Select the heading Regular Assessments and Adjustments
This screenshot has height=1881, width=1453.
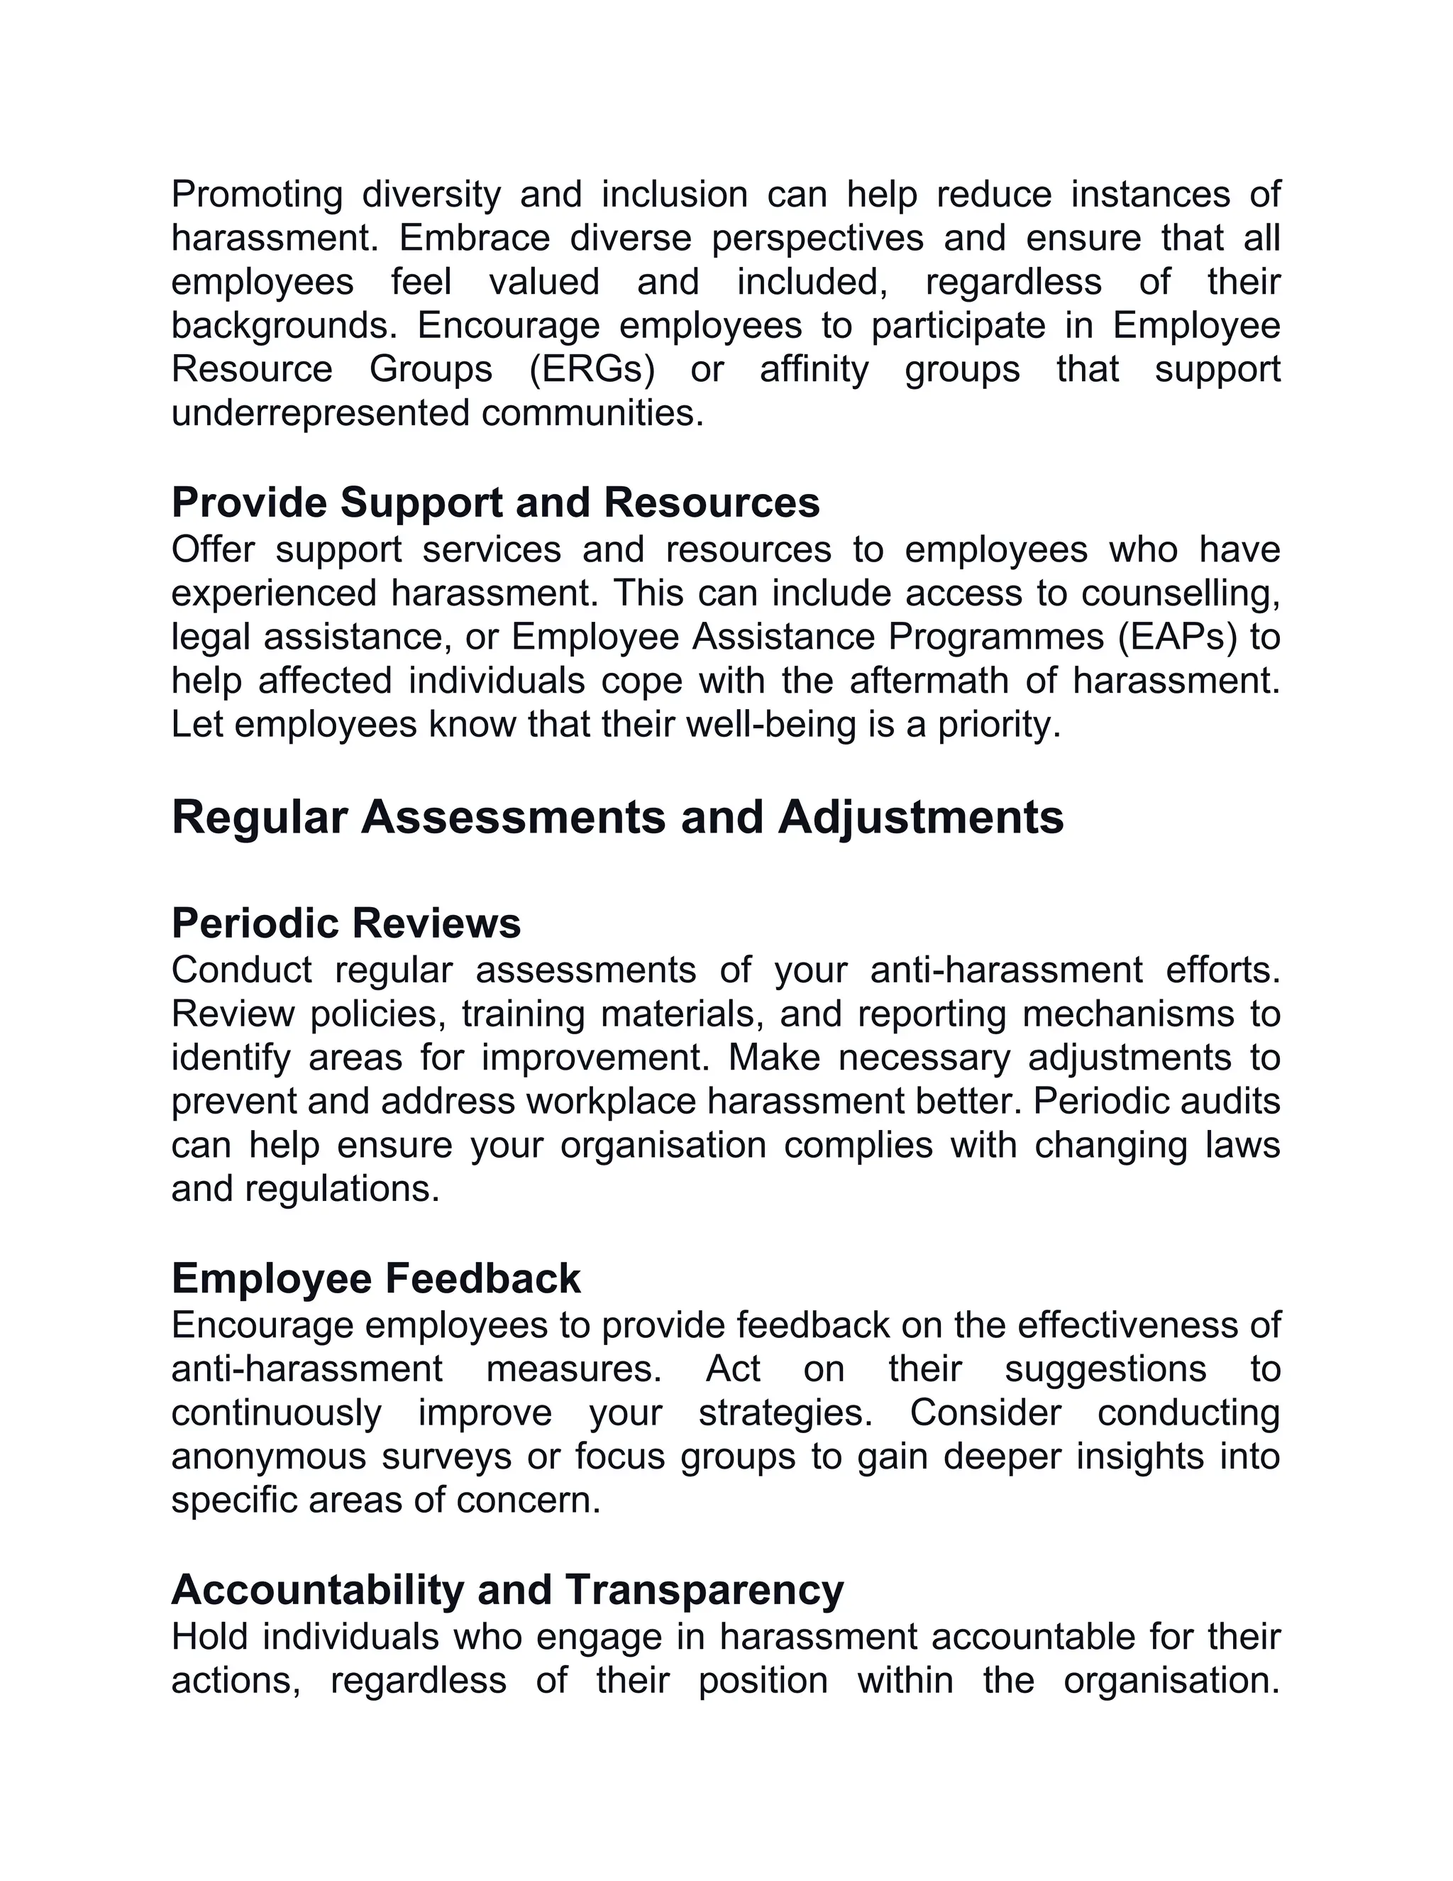click(x=617, y=816)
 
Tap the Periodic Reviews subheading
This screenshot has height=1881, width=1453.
click(x=346, y=923)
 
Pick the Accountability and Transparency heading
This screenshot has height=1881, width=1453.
click(x=507, y=1589)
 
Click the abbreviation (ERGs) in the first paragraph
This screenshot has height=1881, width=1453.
click(x=592, y=370)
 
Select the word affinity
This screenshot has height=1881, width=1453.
click(x=814, y=370)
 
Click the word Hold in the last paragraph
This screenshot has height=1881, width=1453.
click(x=206, y=1636)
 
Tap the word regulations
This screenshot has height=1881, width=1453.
click(x=343, y=1188)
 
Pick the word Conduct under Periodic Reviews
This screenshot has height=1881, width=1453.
click(x=242, y=970)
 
